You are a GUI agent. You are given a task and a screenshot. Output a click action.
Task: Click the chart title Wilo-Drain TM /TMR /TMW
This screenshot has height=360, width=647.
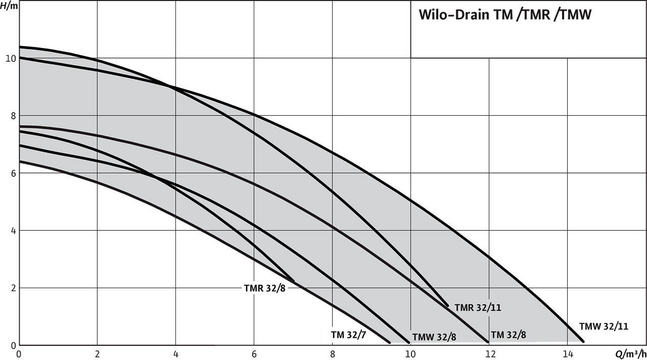(x=505, y=15)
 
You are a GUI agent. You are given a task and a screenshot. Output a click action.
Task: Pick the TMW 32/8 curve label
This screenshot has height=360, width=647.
(x=434, y=337)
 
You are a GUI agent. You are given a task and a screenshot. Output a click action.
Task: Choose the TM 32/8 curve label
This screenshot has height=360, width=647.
(x=509, y=334)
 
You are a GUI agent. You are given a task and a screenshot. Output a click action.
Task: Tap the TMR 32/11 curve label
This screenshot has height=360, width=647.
(x=478, y=307)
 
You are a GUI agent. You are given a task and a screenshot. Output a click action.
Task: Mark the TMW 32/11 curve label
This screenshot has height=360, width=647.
(x=604, y=326)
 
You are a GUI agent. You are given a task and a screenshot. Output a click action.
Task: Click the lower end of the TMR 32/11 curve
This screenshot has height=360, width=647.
(x=448, y=305)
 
